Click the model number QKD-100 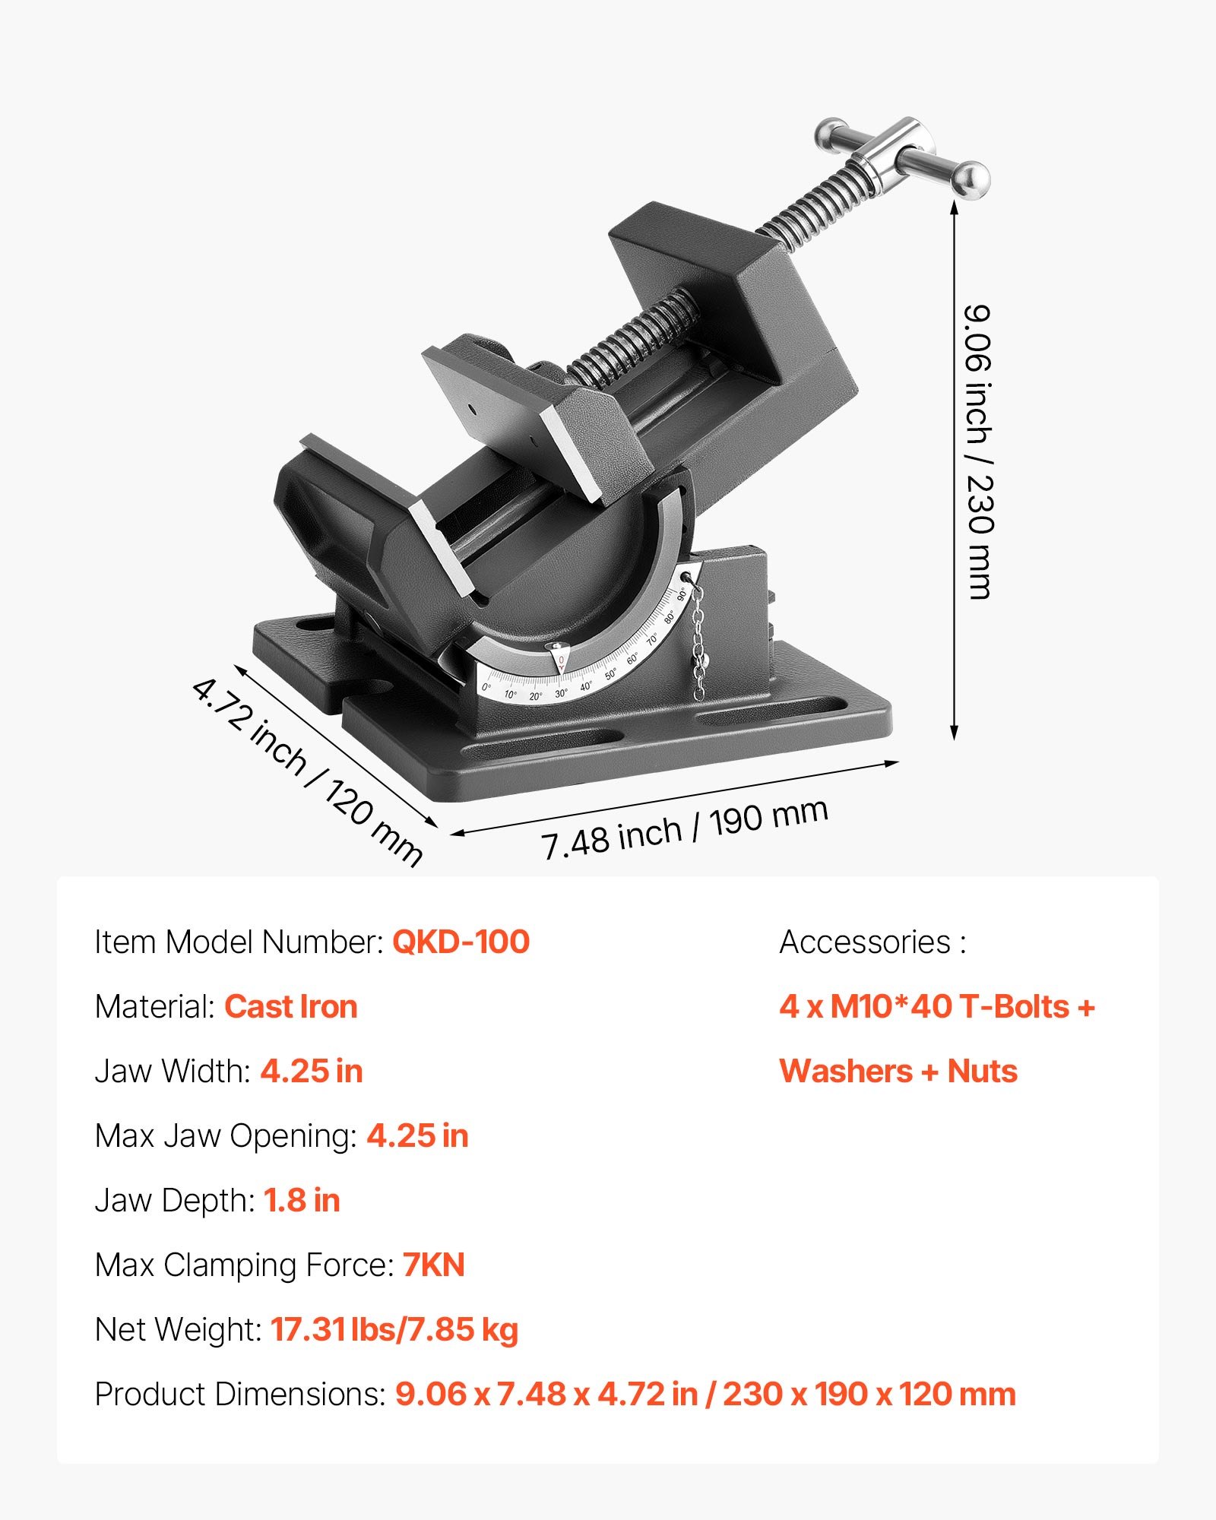461,942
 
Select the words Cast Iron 290,1007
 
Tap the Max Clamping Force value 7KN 433,1265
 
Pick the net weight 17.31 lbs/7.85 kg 394,1330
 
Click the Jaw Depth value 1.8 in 302,1201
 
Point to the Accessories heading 872,942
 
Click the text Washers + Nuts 898,1072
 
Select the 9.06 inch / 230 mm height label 979,452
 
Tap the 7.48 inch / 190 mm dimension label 684,830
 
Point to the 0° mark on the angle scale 486,687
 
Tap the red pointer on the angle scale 560,658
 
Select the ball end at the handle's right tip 972,181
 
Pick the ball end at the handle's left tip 830,135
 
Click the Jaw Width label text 173,1072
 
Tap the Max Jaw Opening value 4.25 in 417,1136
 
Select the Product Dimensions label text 240,1395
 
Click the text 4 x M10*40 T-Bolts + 936,1007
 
